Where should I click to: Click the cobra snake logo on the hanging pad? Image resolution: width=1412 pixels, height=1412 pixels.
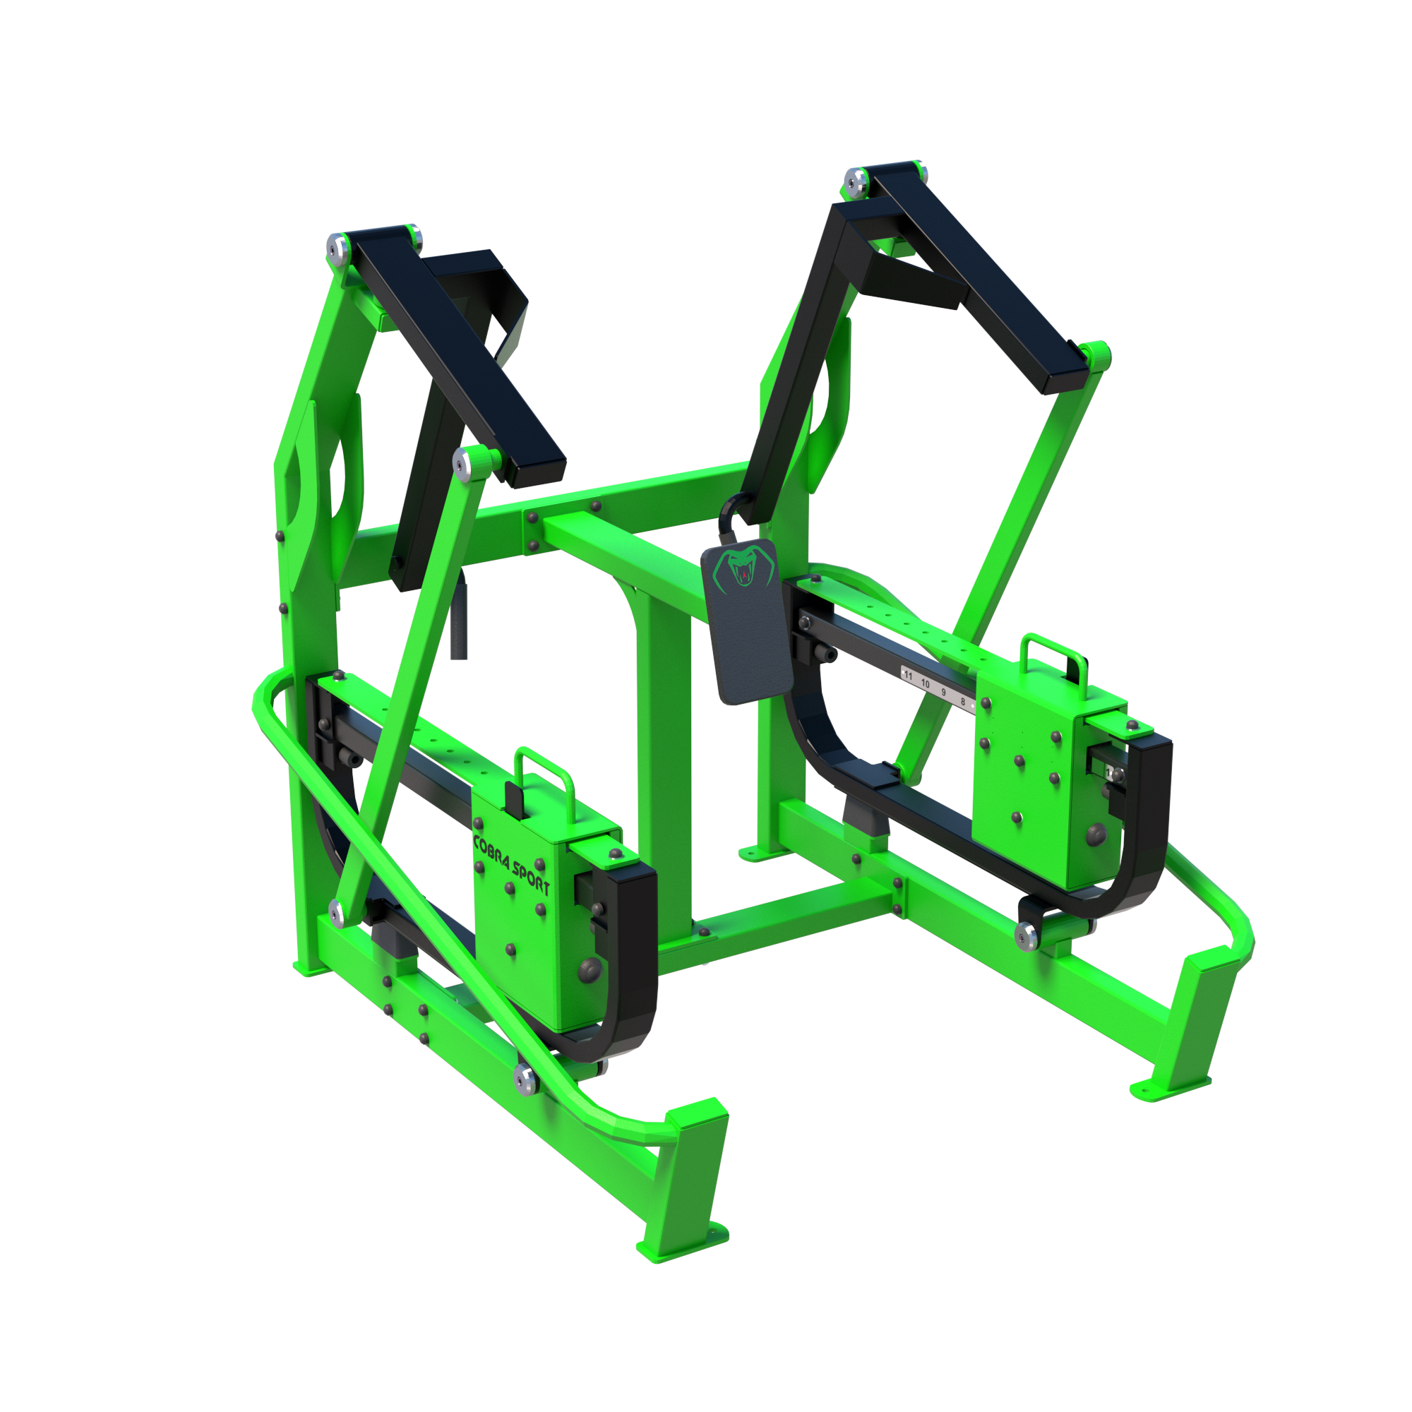point(743,570)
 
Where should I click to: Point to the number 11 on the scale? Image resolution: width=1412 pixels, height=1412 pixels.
point(909,676)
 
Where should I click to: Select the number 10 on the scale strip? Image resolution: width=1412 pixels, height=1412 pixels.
point(926,683)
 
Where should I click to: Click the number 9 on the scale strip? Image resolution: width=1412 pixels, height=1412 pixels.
point(943,692)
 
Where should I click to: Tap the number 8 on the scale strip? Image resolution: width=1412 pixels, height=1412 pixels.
point(962,702)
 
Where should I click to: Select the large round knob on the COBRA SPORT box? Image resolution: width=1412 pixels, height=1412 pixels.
point(589,970)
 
